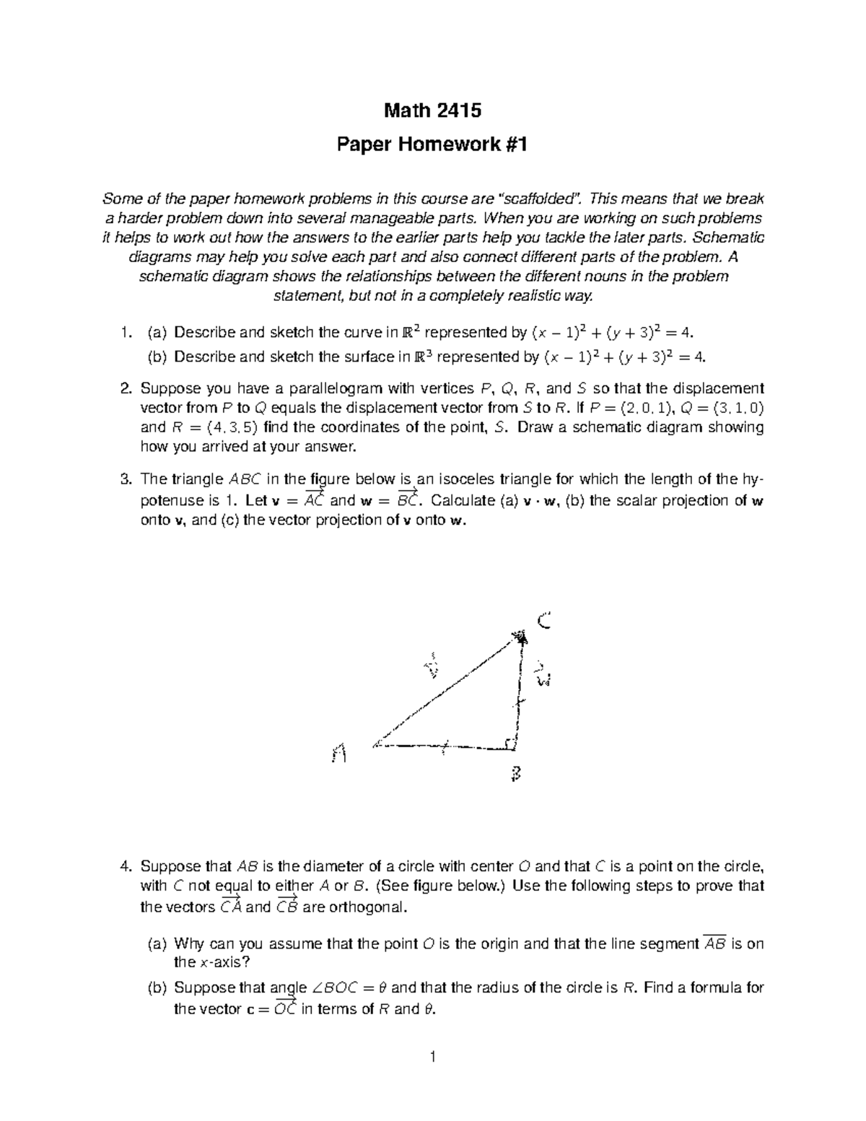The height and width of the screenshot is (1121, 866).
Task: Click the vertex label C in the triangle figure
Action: (544, 620)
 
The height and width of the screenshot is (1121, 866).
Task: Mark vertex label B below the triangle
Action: (515, 775)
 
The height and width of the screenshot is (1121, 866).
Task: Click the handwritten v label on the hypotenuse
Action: (432, 667)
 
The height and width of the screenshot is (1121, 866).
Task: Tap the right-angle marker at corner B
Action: (511, 743)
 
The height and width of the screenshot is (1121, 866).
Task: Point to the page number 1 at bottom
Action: (432, 1058)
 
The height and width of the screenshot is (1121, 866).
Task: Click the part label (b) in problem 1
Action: (156, 357)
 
